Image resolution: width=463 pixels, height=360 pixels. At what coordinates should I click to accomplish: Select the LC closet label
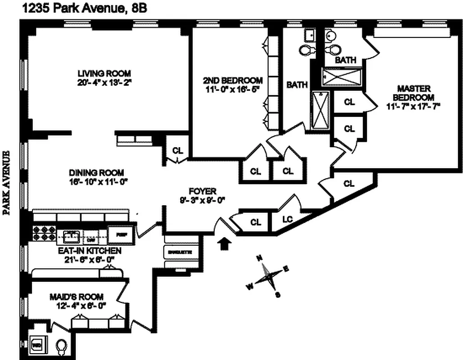point(287,220)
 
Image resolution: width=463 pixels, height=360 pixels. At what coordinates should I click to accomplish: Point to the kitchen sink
point(71,234)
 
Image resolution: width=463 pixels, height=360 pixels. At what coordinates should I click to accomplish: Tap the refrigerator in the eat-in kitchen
point(121,233)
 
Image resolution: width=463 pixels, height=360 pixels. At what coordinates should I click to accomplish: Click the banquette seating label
point(180,252)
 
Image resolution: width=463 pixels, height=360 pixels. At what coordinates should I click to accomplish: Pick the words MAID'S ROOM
point(76,297)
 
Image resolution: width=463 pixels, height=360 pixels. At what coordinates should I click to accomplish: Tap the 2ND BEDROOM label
point(233,81)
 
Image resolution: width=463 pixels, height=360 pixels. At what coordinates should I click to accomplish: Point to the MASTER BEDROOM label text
point(413,93)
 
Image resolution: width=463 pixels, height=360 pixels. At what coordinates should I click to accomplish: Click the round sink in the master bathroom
point(330,36)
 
